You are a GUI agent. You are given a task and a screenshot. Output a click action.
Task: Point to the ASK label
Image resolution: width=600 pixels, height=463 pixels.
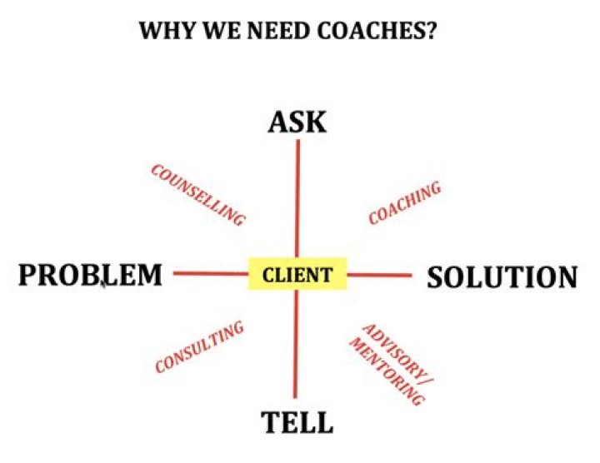pos(297,122)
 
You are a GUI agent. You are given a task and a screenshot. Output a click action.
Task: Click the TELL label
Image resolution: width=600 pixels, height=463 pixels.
pos(297,423)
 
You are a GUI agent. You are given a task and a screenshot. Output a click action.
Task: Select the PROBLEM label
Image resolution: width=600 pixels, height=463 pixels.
pos(91,276)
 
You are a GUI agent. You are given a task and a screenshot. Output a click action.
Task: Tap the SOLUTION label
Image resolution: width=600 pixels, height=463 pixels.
pos(502,277)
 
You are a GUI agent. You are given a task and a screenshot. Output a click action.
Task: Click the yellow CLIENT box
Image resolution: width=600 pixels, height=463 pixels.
pos(297,275)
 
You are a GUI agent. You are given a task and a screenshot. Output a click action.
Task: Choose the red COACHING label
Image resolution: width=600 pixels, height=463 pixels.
pos(404,203)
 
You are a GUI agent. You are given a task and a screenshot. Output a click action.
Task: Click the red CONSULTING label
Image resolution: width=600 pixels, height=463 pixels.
pos(200,347)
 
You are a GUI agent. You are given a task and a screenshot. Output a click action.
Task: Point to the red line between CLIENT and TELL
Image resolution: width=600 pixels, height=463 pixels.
pos(296,346)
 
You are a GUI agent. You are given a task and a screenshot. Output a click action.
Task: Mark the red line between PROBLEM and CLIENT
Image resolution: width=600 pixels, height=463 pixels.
pos(211,273)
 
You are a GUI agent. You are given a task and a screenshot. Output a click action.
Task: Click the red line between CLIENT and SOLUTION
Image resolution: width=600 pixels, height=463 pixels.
pos(379,275)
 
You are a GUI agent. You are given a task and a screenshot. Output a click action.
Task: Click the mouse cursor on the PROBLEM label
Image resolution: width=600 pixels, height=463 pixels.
pos(102,283)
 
